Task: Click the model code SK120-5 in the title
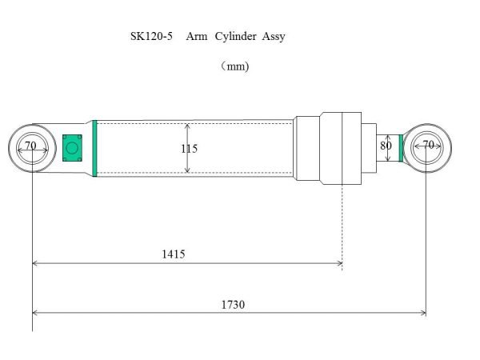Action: click(151, 37)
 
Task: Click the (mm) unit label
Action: click(235, 66)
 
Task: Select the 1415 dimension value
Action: click(174, 254)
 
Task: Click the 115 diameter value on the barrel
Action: click(189, 149)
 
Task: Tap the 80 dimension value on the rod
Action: click(386, 146)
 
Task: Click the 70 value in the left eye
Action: click(30, 146)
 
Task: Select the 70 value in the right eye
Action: click(428, 145)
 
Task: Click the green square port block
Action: click(72, 147)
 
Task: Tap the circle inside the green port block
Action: click(72, 147)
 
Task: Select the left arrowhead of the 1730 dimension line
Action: click(35, 313)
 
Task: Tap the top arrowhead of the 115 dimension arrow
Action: click(187, 126)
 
